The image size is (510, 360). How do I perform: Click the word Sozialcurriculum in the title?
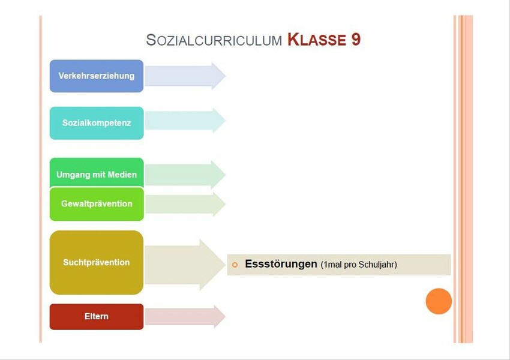click(214, 40)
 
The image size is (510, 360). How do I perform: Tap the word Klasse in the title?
click(316, 40)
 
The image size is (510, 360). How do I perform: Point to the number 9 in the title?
click(356, 40)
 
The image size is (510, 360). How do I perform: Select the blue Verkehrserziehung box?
click(97, 76)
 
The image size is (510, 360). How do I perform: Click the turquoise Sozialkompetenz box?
click(97, 123)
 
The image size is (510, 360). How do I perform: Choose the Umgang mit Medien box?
click(97, 173)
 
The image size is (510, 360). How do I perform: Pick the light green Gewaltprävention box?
click(97, 204)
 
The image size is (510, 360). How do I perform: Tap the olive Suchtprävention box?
click(97, 262)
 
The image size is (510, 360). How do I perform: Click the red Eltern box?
click(97, 316)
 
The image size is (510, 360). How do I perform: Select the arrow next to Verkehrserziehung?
click(185, 76)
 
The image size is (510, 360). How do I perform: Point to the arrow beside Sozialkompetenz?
click(185, 121)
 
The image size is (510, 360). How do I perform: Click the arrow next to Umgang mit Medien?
click(185, 175)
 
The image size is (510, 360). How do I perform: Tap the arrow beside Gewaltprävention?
click(185, 204)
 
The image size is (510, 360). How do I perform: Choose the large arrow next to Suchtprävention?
click(185, 265)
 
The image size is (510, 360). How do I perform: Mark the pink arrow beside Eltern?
click(185, 316)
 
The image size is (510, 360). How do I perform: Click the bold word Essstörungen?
click(281, 264)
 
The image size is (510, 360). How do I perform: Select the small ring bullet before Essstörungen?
click(235, 265)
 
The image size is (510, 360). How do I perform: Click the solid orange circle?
click(439, 301)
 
